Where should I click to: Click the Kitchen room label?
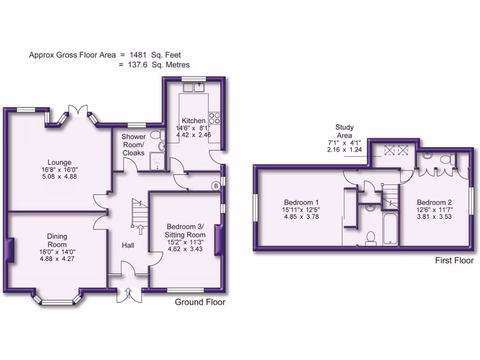click(194, 120)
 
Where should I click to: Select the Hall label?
click(128, 245)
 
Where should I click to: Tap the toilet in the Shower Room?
click(162, 135)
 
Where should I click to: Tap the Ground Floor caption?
click(200, 302)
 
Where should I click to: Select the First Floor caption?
click(454, 261)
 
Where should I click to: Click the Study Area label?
click(345, 131)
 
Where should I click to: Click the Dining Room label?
click(57, 240)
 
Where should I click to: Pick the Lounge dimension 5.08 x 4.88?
click(59, 176)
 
